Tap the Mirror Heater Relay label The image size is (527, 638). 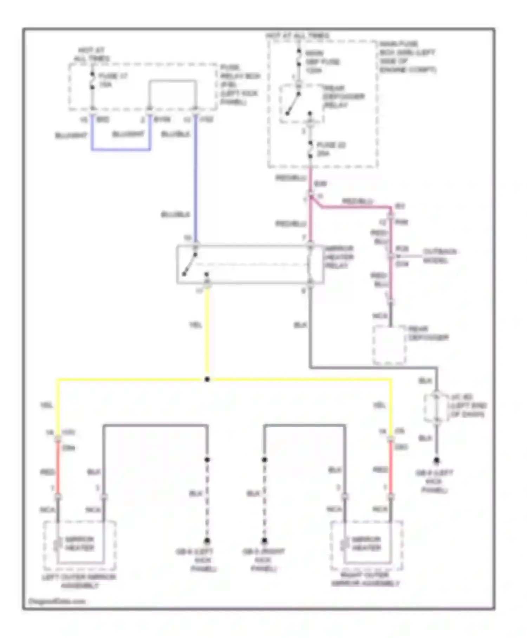(339, 257)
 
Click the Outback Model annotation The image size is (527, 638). (439, 256)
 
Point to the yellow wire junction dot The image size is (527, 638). (207, 379)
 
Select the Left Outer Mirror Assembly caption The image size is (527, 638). (79, 581)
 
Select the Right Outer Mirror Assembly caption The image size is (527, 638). (365, 579)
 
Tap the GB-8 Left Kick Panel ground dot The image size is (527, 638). (436, 460)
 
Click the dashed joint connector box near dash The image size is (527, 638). (436, 408)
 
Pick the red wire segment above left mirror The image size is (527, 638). (58, 468)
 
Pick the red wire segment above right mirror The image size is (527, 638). (390, 468)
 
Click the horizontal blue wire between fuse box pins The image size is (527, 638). (121, 150)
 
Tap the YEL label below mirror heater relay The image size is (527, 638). (196, 325)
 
